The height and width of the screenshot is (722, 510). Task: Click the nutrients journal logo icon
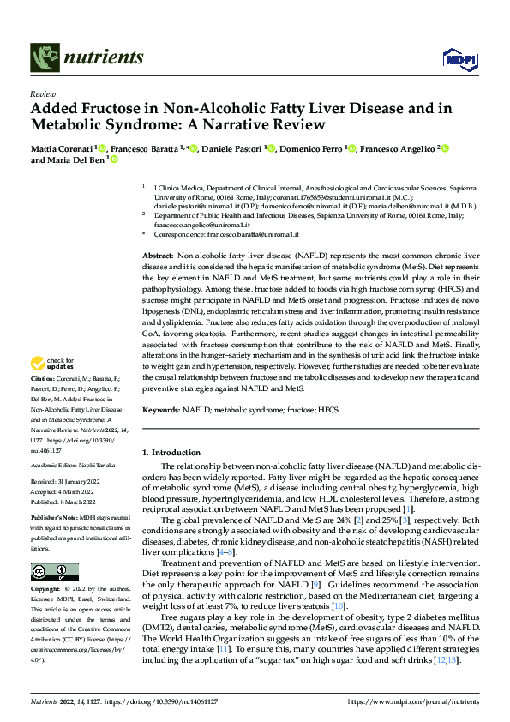(44, 57)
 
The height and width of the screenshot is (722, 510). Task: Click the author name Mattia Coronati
(61, 149)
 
